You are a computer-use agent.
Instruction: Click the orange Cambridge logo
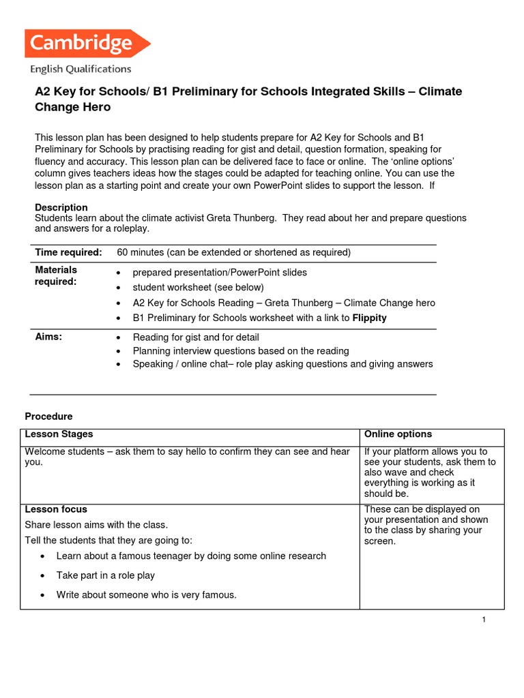point(87,44)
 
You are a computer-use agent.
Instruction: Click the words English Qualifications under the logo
point(80,69)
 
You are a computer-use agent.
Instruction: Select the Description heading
point(61,207)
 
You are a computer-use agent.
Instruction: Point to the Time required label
point(68,253)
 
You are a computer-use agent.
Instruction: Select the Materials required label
point(56,276)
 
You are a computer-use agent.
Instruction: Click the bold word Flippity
point(369,318)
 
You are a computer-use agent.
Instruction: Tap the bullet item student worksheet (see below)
point(198,288)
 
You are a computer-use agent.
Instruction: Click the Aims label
point(48,337)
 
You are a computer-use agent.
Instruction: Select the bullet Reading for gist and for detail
point(196,337)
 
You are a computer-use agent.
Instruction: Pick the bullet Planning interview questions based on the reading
point(241,350)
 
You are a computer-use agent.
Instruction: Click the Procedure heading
point(48,416)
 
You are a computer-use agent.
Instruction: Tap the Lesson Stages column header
point(59,434)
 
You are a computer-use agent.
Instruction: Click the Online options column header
point(398,434)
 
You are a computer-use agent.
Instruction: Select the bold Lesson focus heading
point(56,509)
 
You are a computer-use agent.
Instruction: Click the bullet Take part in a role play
point(106,575)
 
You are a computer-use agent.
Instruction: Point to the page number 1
point(483,619)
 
